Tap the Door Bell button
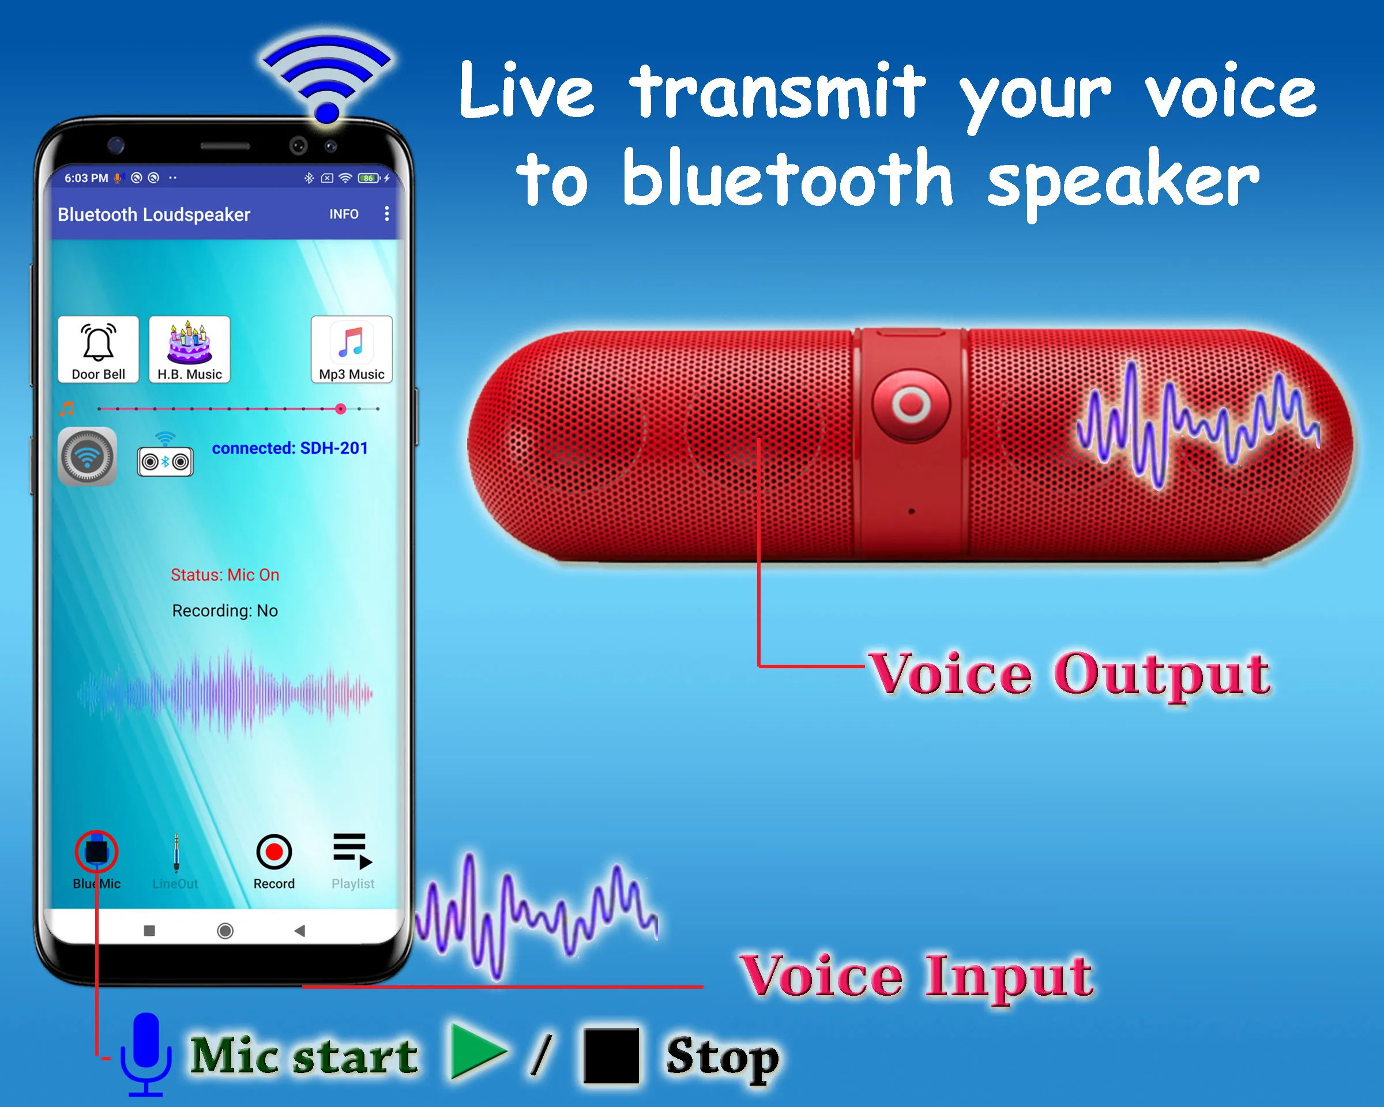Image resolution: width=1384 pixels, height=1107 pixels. coord(98,349)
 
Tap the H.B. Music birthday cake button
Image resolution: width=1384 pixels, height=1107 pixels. coord(189,349)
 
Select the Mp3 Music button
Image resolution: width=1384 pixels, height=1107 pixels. coord(351,349)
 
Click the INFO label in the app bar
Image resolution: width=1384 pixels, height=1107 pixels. coord(344,214)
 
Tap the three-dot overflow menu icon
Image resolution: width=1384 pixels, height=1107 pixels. coord(386,214)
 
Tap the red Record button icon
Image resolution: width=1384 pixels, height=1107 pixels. coord(274,852)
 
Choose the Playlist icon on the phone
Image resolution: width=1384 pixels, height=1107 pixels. coord(352,851)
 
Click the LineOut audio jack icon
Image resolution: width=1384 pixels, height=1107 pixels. coord(176,853)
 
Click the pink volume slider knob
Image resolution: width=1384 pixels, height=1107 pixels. coord(341,409)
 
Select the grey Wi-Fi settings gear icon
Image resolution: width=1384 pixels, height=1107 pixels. coord(87,457)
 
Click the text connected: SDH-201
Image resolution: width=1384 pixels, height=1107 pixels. coord(289,448)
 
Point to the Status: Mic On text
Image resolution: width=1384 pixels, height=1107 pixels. coord(225,575)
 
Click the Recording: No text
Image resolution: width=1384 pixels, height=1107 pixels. coord(225,611)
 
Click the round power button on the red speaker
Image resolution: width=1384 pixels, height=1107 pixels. coord(911,404)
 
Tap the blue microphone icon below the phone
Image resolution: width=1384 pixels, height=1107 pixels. coord(146,1052)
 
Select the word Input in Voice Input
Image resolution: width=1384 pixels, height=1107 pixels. coord(1009,977)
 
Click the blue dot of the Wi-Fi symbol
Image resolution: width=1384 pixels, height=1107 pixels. coord(328,113)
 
